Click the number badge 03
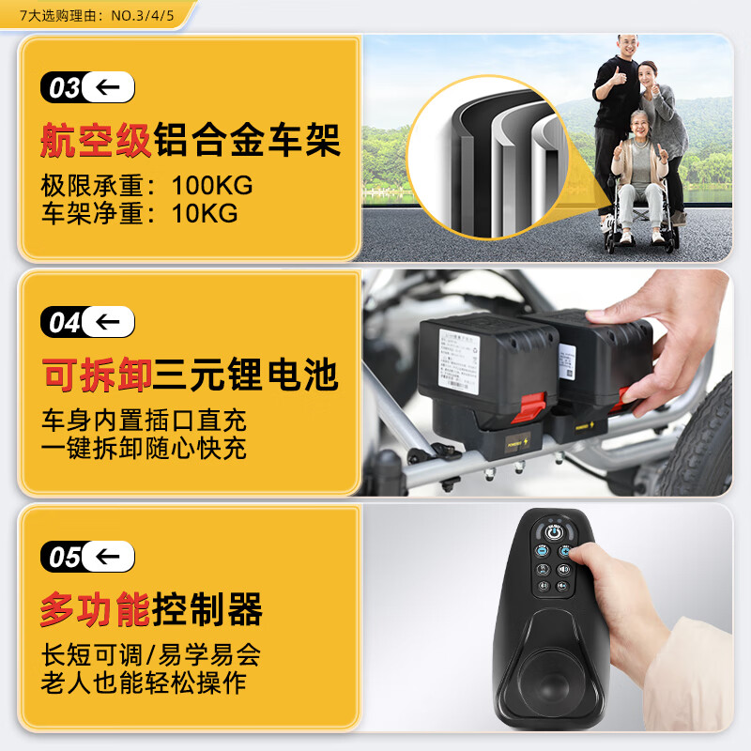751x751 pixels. click(x=64, y=88)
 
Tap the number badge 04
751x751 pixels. click(x=64, y=323)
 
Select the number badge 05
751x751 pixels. click(x=64, y=558)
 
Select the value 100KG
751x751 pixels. click(x=212, y=185)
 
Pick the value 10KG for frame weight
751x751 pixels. click(x=205, y=213)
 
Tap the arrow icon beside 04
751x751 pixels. click(x=108, y=323)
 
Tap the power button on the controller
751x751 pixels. click(x=554, y=532)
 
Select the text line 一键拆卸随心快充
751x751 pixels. click(x=144, y=448)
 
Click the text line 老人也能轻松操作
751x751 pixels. click(x=144, y=682)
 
